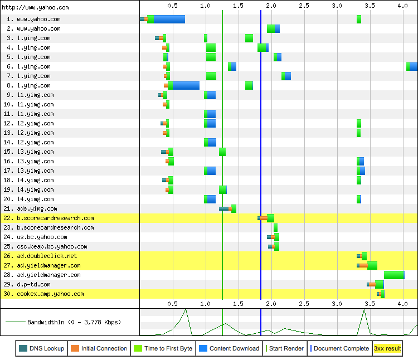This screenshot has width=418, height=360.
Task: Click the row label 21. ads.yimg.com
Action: click(33, 208)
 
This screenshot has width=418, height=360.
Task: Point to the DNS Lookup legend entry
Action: click(42, 348)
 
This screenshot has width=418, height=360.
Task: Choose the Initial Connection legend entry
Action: click(99, 348)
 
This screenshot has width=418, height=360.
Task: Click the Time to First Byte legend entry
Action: click(164, 348)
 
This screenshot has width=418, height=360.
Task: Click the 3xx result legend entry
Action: click(387, 348)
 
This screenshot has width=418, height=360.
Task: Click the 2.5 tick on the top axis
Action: click(304, 5)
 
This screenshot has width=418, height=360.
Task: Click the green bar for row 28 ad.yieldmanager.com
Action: click(393, 275)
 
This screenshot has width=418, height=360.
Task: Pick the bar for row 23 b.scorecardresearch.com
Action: click(275, 227)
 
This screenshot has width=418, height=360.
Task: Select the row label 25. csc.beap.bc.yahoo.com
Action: click(47, 246)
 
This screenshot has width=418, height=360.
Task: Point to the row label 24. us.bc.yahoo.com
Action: click(39, 237)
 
